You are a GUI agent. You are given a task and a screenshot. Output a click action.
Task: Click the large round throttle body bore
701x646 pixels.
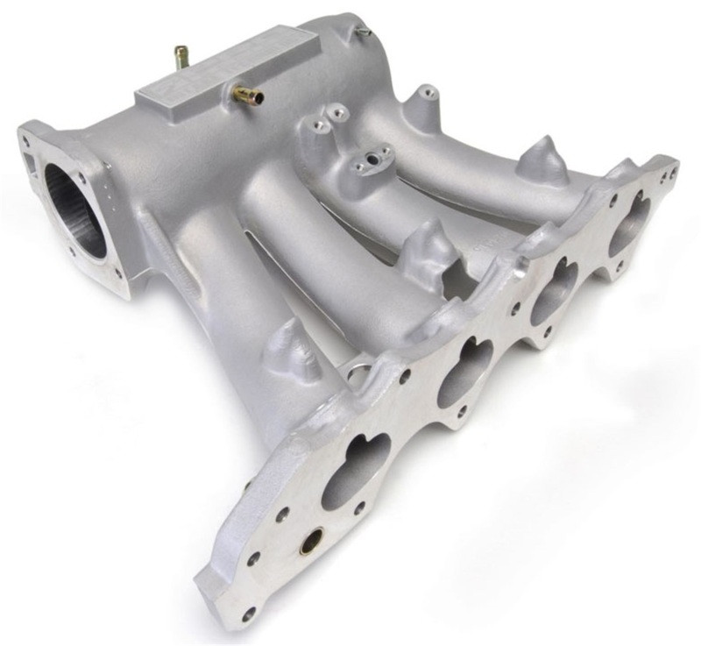75,210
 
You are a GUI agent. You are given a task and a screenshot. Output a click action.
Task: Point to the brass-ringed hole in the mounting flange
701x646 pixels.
310,544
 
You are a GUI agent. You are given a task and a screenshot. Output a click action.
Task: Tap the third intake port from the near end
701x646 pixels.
554,292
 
